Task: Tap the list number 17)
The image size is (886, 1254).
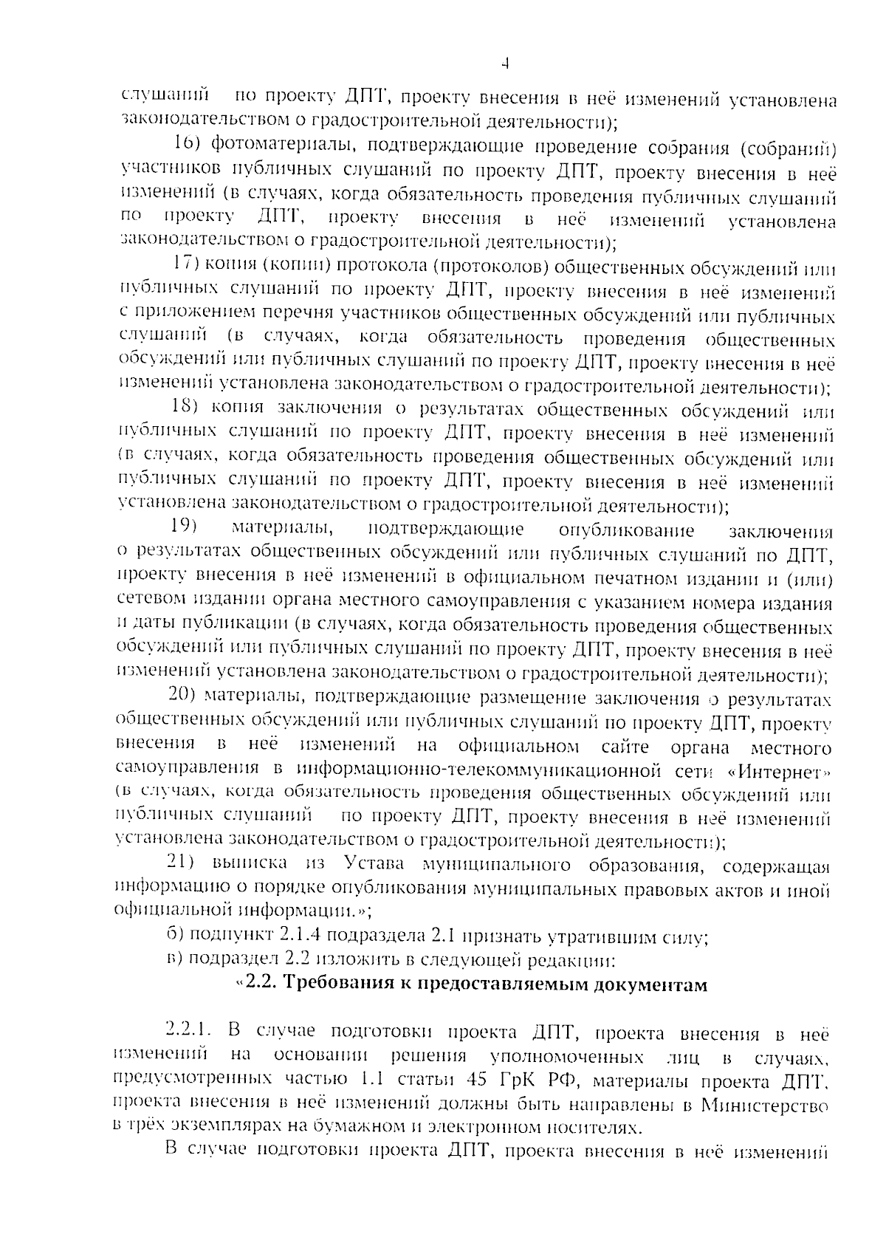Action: pyautogui.click(x=185, y=264)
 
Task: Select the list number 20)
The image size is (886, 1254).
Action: pyautogui.click(x=182, y=696)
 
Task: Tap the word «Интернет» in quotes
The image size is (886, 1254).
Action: pyautogui.click(x=780, y=772)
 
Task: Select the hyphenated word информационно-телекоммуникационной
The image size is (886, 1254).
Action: pyautogui.click(x=478, y=772)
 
